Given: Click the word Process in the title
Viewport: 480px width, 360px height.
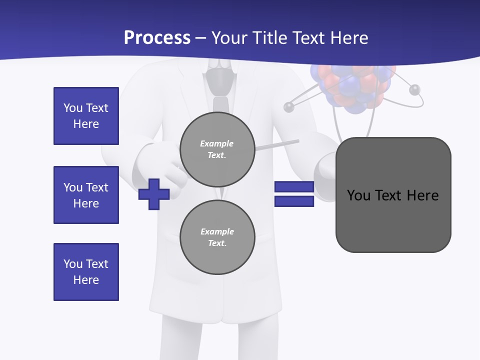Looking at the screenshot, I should (157, 38).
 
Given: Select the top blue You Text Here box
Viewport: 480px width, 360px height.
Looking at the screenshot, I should (86, 116).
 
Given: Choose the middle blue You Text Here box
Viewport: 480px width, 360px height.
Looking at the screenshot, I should (86, 195).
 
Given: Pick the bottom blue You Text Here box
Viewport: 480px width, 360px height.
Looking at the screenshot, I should (86, 272).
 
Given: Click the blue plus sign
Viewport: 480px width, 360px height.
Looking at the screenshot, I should (154, 194).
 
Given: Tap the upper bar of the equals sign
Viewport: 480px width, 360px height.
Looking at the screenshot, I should (294, 186).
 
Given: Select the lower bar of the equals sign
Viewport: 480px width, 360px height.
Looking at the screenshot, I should (294, 201).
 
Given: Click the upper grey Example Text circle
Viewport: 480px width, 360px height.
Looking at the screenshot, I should (217, 149).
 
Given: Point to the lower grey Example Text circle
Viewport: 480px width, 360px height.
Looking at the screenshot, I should (217, 237).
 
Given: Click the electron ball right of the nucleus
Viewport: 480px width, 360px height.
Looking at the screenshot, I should (414, 90).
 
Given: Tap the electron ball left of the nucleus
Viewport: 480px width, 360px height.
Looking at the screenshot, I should (289, 106).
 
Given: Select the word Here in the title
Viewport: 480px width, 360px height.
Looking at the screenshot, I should (349, 38).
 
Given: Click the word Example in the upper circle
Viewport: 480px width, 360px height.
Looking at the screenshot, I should (217, 143).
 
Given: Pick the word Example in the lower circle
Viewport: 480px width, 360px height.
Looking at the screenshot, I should (217, 231).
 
